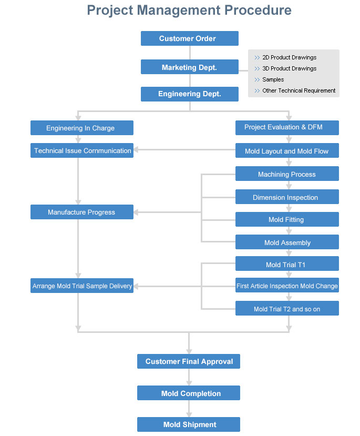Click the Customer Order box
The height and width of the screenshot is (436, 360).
point(189,38)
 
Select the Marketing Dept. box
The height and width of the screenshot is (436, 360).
point(189,67)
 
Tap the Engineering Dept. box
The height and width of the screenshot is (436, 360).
point(189,94)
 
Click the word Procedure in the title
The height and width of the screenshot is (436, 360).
point(258,11)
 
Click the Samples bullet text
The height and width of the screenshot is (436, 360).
point(273,79)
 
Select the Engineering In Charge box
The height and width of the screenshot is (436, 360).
point(82,128)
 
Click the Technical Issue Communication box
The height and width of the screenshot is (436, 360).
point(82,150)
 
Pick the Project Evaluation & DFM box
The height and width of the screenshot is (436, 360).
point(287,128)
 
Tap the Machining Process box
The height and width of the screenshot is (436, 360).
point(287,174)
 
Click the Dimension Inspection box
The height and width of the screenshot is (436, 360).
point(287,197)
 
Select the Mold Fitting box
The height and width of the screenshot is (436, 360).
point(287,219)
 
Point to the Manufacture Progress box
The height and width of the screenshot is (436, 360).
point(82,212)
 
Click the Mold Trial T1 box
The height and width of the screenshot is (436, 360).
point(287,263)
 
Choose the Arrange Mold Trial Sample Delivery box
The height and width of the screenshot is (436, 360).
point(82,286)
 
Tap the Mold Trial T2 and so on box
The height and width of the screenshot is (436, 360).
point(287,308)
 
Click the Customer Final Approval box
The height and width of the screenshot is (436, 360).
point(189,361)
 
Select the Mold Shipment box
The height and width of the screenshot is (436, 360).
point(189,424)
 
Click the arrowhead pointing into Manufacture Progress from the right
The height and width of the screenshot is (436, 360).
point(136,212)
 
